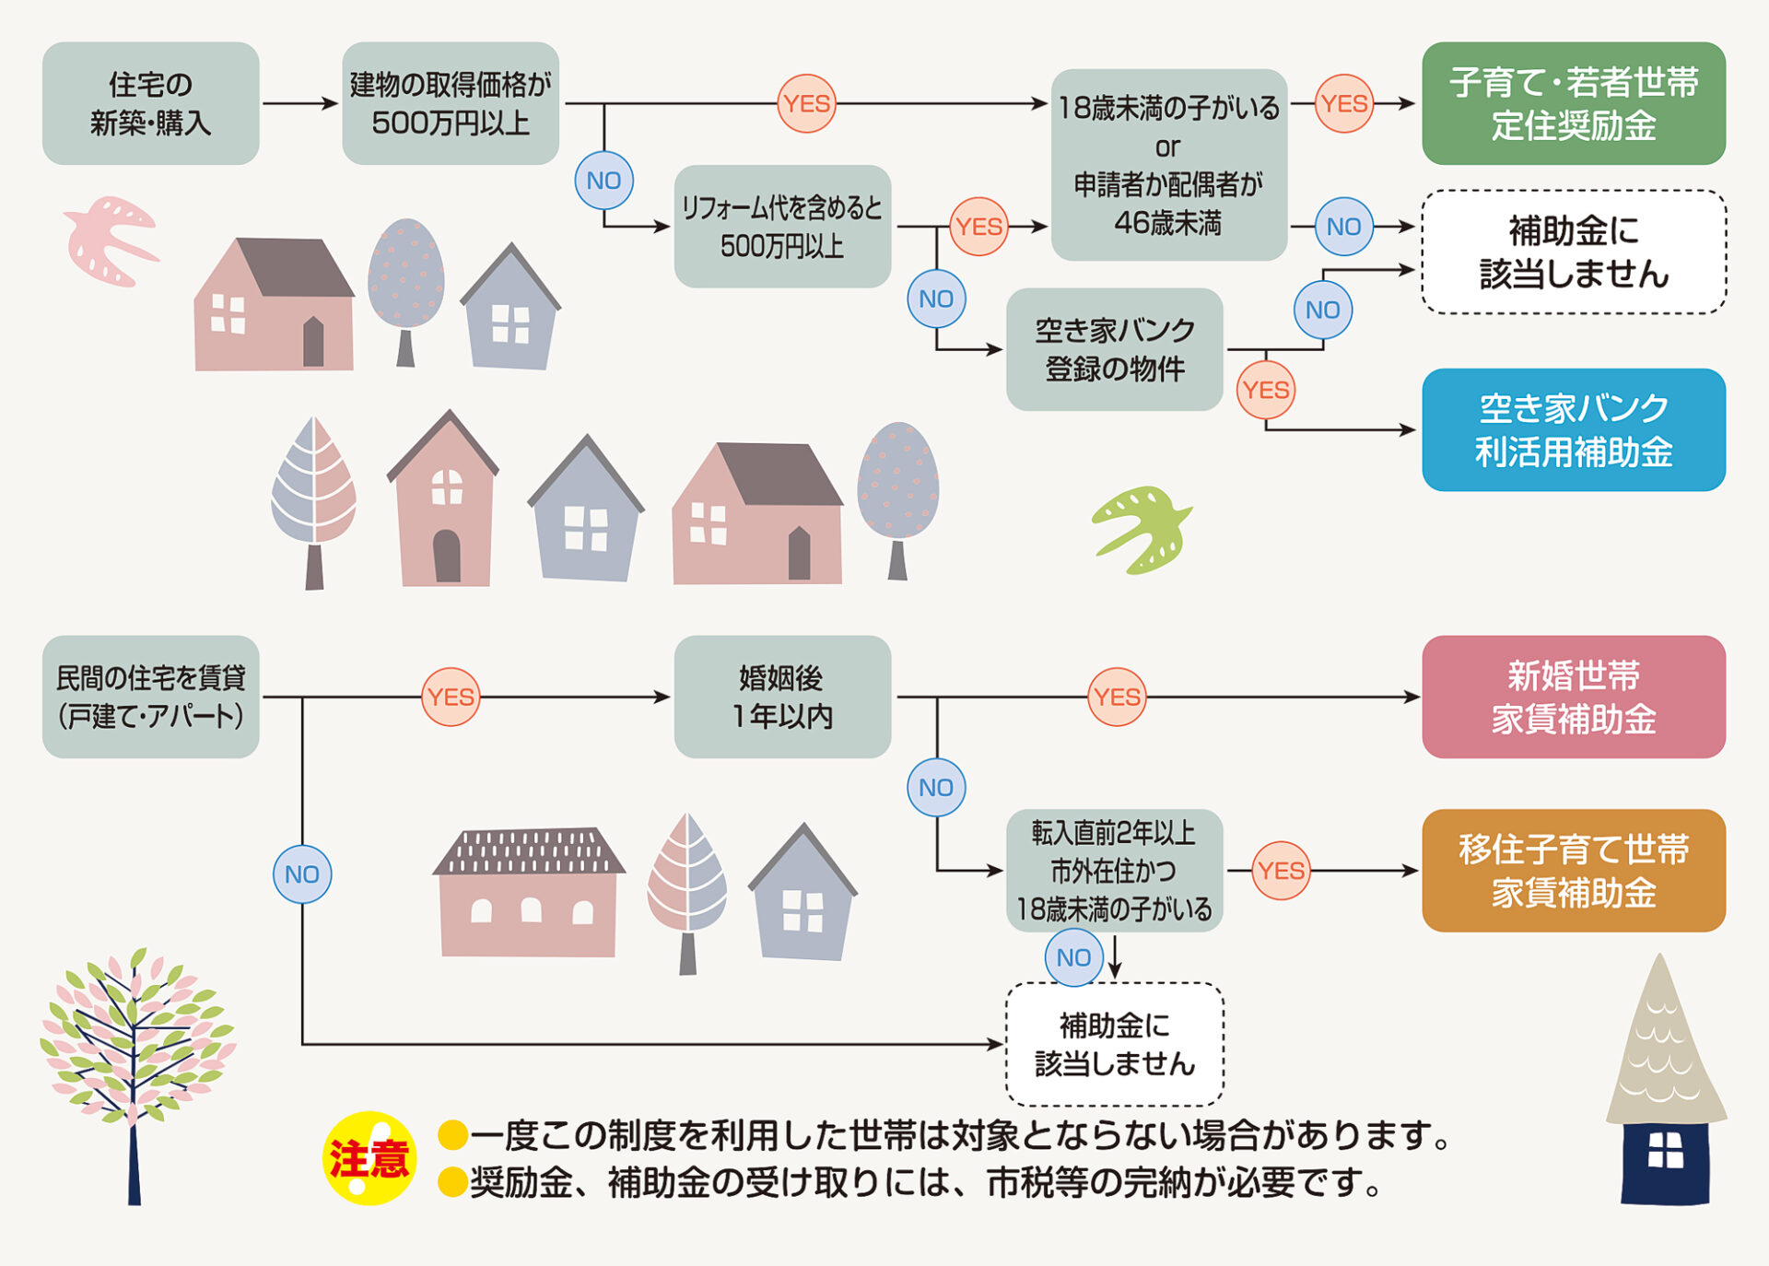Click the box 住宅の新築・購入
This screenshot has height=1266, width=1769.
(x=150, y=103)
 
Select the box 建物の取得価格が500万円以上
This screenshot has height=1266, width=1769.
(x=450, y=103)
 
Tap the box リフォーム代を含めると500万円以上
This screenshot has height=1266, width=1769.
(x=781, y=227)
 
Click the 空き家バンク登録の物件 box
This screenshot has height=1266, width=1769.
(x=1113, y=349)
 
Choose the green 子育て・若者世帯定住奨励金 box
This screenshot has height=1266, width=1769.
(x=1573, y=103)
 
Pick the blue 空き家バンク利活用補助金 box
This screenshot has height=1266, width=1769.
(x=1573, y=429)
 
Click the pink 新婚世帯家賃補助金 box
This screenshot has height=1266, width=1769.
(x=1573, y=697)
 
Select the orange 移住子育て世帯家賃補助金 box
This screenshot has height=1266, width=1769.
(x=1573, y=870)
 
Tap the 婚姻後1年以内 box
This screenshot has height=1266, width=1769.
(x=781, y=697)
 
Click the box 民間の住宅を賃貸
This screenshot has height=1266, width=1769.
(x=150, y=697)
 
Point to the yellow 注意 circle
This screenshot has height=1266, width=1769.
(x=369, y=1158)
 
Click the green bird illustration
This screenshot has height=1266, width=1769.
(x=1142, y=530)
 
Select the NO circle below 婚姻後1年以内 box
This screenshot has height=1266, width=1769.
(x=936, y=787)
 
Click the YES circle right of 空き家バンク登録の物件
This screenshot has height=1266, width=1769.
(x=1265, y=390)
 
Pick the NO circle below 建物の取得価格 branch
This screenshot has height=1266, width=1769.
(x=603, y=181)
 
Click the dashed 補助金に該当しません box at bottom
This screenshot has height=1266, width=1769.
(x=1113, y=1044)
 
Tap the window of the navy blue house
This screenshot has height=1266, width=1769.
(x=1665, y=1150)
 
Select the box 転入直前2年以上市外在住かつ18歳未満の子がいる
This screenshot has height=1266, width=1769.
(x=1113, y=870)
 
